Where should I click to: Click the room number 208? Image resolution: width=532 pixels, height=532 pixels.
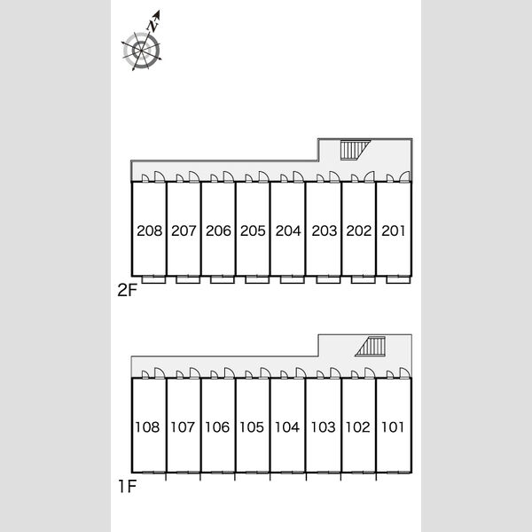click(150, 231)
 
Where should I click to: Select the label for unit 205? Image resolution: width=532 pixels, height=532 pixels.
click(253, 231)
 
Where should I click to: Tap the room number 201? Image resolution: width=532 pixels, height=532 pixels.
click(393, 231)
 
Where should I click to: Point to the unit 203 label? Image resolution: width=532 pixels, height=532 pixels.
click(325, 231)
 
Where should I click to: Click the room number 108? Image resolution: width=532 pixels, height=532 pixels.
click(147, 427)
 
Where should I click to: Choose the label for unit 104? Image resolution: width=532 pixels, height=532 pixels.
click(287, 427)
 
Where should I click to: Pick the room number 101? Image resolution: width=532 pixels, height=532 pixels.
click(393, 427)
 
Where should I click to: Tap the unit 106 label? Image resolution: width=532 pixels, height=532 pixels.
click(217, 427)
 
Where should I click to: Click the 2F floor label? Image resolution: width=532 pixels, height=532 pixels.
click(127, 291)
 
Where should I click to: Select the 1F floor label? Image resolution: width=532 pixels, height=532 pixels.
click(127, 487)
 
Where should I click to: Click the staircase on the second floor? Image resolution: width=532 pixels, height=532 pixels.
click(355, 151)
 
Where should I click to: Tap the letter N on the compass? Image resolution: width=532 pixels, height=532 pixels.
click(153, 26)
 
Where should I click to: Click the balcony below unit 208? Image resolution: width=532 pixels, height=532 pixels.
click(153, 280)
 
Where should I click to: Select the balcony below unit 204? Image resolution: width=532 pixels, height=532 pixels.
click(293, 280)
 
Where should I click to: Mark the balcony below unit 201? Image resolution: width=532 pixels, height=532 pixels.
click(399, 280)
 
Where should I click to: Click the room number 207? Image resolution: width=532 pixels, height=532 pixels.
click(184, 231)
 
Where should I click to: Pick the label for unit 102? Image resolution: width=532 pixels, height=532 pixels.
click(357, 427)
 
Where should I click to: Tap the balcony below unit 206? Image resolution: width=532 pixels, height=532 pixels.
click(223, 280)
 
